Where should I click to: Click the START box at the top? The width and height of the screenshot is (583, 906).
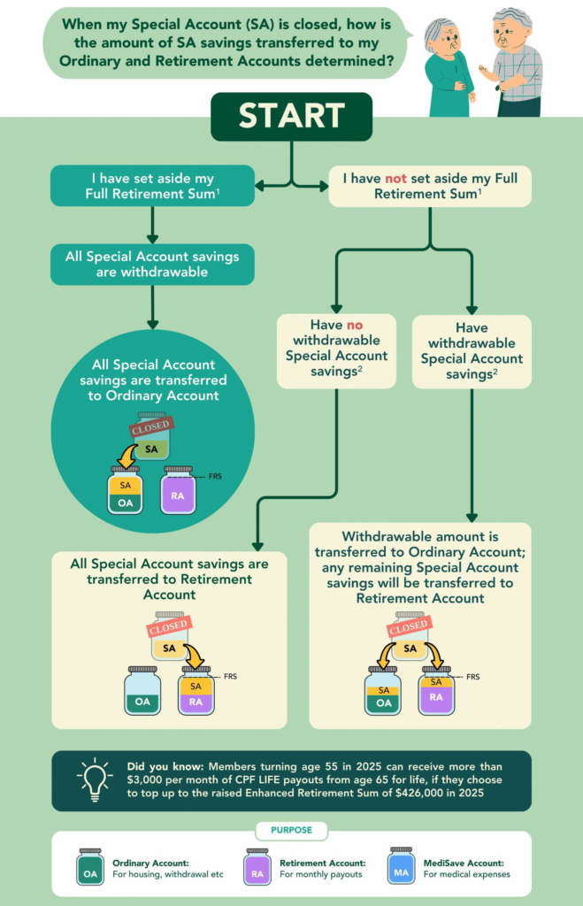pos(291,116)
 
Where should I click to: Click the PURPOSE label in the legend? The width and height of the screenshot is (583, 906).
pos(291,832)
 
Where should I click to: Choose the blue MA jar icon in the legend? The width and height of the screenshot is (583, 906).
pos(401,867)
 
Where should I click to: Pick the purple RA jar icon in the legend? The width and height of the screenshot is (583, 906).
pos(257,867)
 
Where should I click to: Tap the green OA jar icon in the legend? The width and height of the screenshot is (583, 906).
pos(90,867)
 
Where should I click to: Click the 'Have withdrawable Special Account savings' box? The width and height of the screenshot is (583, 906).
pos(472,351)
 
